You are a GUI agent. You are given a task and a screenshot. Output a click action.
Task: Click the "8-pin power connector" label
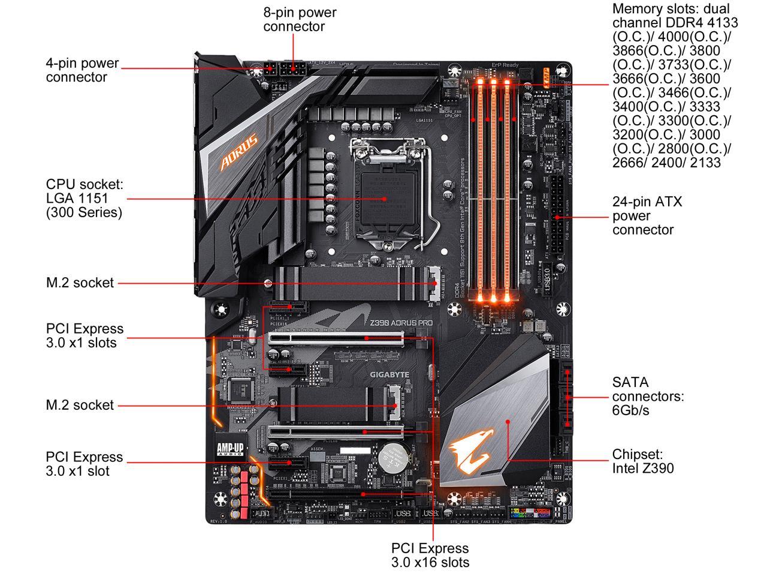click(x=300, y=19)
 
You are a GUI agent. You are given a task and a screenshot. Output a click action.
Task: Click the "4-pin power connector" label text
click(x=82, y=70)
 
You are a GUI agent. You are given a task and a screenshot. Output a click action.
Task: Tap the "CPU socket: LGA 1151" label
click(x=84, y=198)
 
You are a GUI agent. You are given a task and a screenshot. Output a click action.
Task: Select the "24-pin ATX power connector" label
click(x=647, y=216)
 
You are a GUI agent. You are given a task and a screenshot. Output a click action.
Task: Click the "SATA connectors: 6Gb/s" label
click(x=647, y=396)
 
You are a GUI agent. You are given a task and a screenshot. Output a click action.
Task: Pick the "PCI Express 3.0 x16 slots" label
click(x=430, y=555)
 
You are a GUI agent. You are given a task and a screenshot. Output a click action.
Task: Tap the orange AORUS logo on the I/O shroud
click(x=239, y=152)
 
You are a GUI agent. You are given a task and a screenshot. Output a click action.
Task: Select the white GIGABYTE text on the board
click(x=389, y=375)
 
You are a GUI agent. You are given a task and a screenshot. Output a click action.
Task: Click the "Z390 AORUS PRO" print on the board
click(x=402, y=323)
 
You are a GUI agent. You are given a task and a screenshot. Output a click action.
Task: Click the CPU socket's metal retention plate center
click(x=383, y=198)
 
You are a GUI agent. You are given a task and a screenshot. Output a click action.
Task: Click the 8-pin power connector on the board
click(x=294, y=67)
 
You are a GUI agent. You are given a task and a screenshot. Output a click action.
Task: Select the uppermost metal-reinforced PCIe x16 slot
click(x=336, y=338)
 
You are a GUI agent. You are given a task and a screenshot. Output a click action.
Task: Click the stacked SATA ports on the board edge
click(x=567, y=397)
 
